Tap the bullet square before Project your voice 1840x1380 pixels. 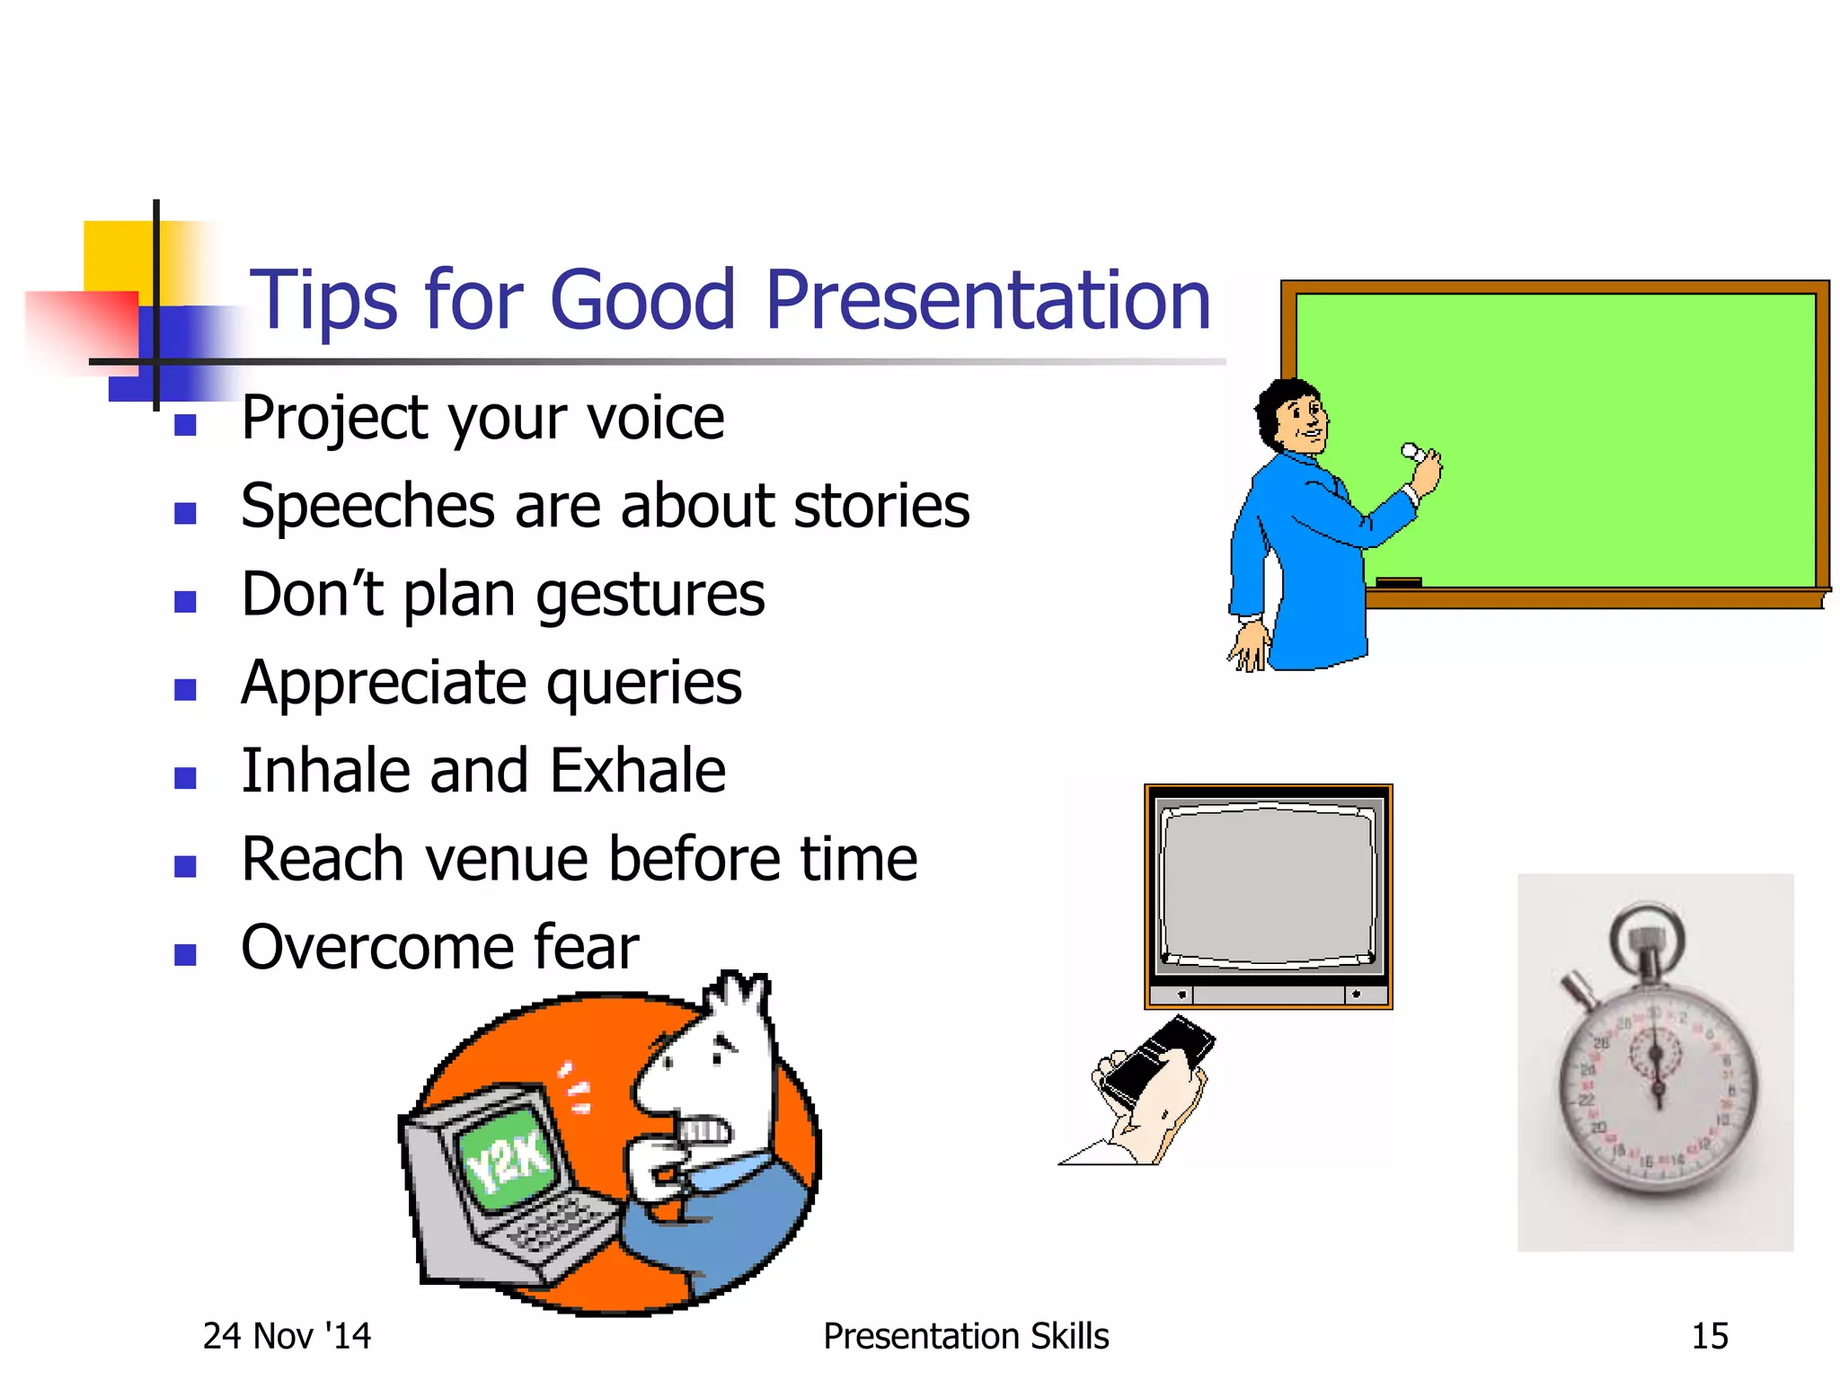click(186, 425)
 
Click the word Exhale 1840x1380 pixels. click(637, 771)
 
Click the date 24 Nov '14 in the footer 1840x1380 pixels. click(287, 1336)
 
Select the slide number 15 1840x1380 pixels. click(1709, 1336)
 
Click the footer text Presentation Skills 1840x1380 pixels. click(966, 1336)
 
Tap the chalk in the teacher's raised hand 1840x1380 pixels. click(1412, 451)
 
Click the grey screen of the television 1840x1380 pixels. click(1268, 885)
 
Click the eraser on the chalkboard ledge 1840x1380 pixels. click(1398, 582)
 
